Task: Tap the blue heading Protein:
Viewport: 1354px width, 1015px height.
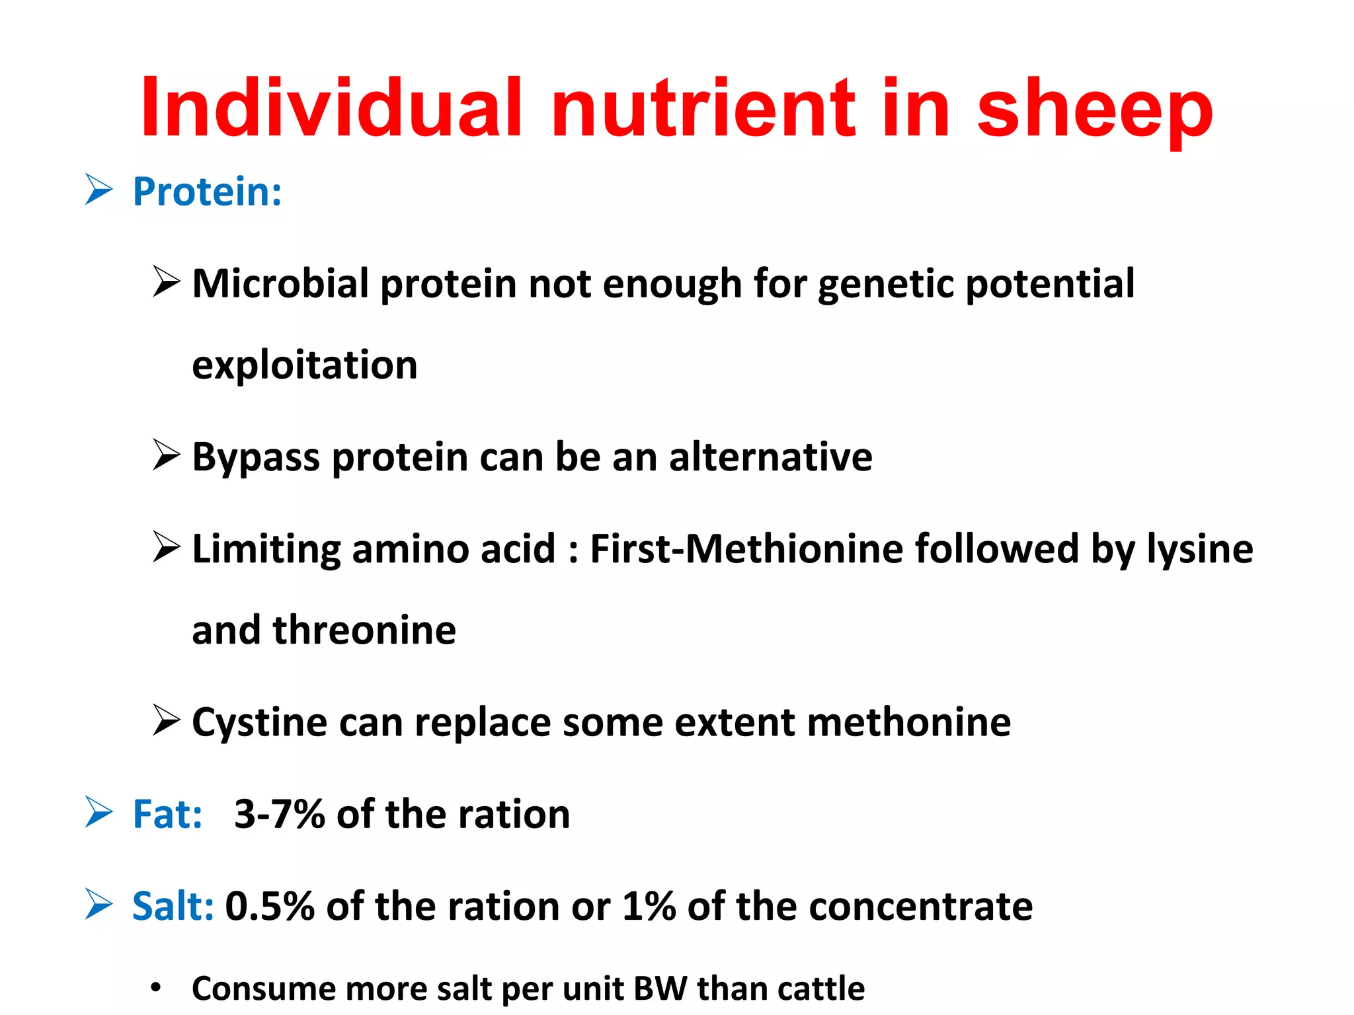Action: [207, 192]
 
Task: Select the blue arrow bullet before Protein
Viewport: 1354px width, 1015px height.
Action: [99, 190]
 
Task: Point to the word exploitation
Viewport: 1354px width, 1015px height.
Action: [305, 365]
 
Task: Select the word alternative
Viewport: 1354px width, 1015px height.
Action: [770, 457]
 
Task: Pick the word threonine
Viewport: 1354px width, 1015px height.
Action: [364, 630]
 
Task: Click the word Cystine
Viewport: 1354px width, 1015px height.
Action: [259, 722]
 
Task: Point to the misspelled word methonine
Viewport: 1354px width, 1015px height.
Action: [908, 722]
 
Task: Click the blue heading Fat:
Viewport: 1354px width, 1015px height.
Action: [167, 814]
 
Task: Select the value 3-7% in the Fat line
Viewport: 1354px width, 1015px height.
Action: [279, 814]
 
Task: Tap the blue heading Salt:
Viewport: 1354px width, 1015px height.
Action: [173, 906]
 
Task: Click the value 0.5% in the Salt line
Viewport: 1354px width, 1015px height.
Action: [270, 906]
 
